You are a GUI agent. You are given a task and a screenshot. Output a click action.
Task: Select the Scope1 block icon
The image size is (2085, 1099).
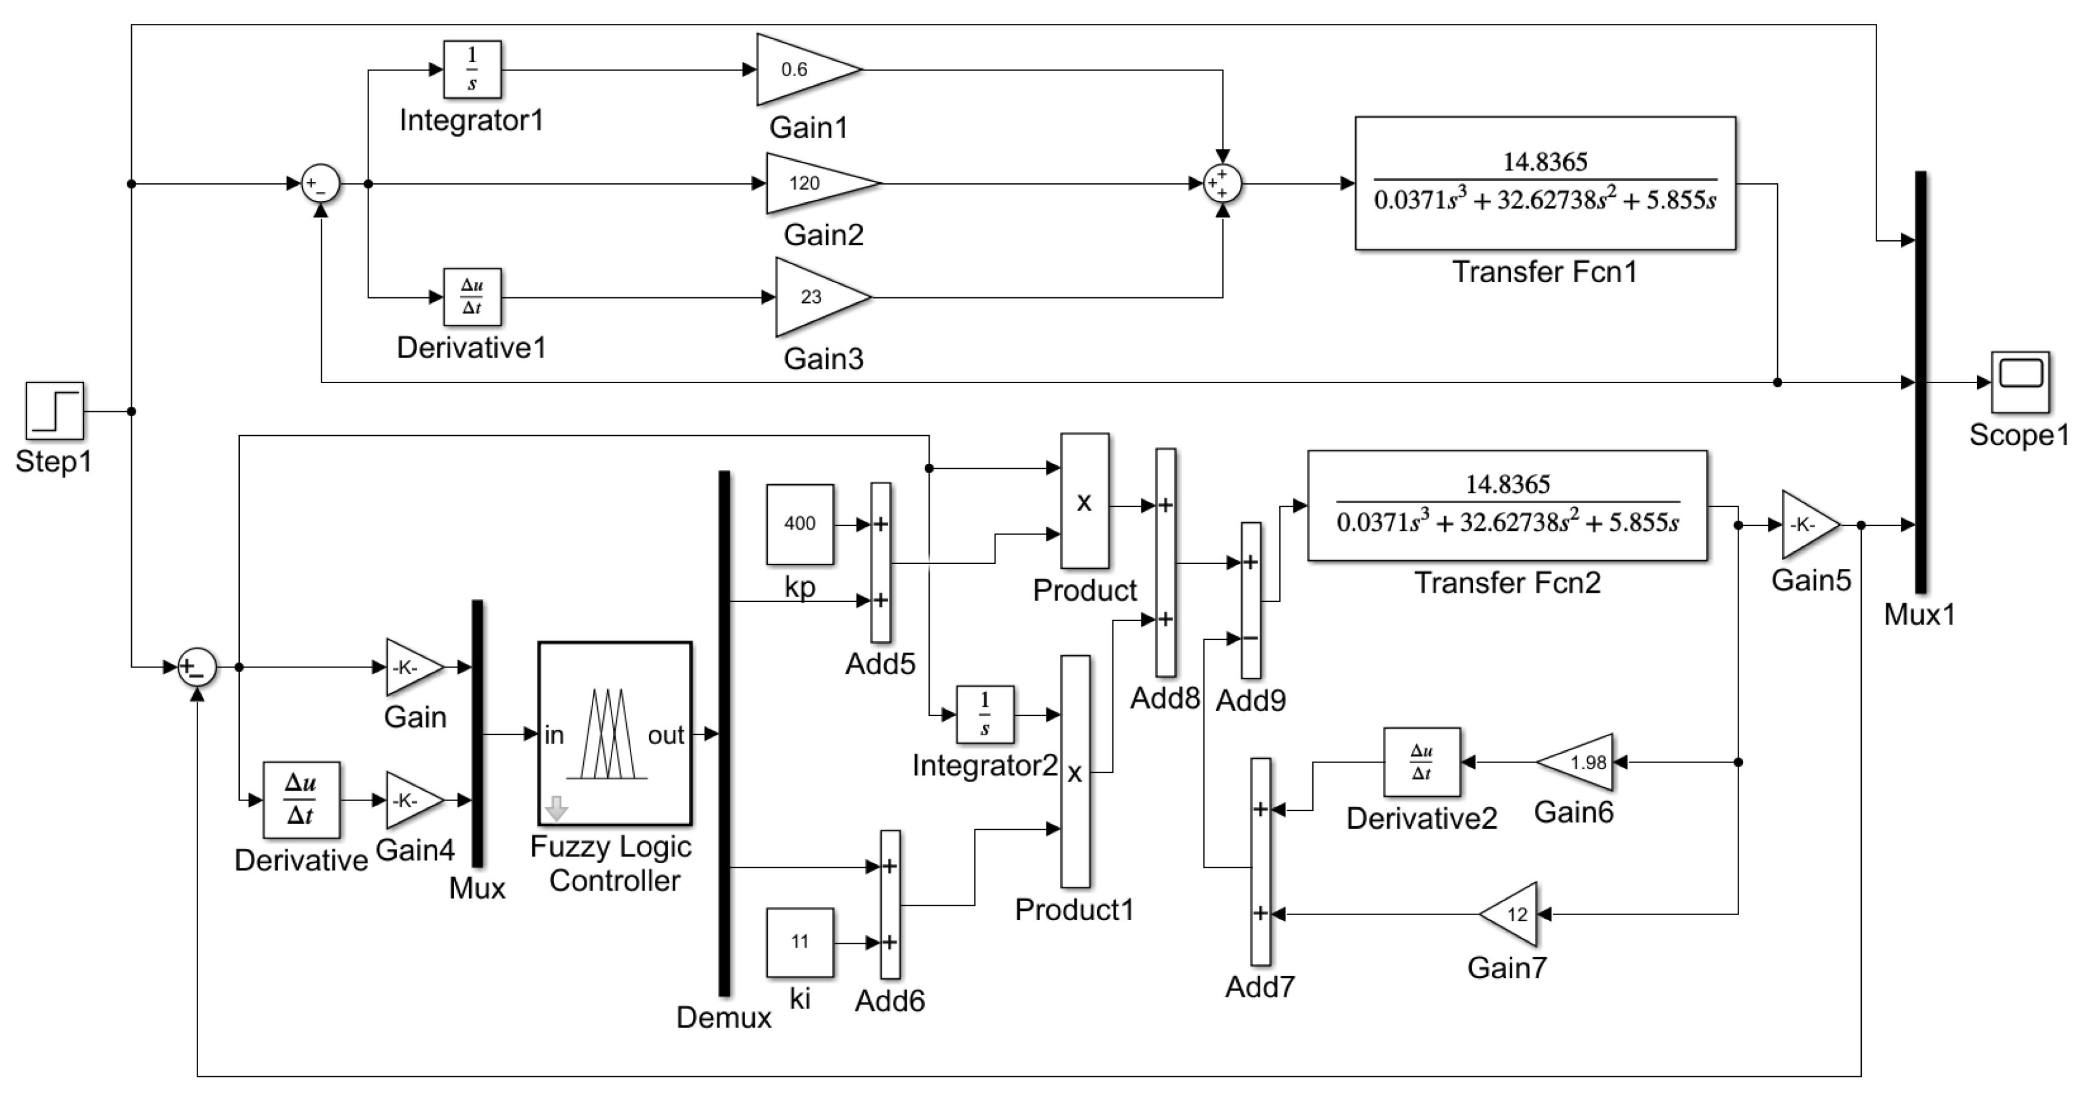2020,382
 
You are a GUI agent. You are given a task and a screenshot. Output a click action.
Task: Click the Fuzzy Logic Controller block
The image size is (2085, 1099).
614,733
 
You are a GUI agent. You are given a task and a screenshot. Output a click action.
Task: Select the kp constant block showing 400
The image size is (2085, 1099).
800,523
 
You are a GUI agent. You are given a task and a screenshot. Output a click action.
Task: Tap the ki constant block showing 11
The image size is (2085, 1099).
800,941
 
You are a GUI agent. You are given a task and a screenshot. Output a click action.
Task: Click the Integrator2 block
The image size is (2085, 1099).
984,714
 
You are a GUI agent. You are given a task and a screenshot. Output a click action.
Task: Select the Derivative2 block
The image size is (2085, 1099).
1421,762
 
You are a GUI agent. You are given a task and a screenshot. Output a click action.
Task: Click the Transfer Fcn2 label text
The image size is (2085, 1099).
1507,583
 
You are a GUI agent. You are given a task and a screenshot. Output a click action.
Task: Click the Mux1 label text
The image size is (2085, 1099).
1919,614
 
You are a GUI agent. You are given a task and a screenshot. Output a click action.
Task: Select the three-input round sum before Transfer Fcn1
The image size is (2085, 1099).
1222,184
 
